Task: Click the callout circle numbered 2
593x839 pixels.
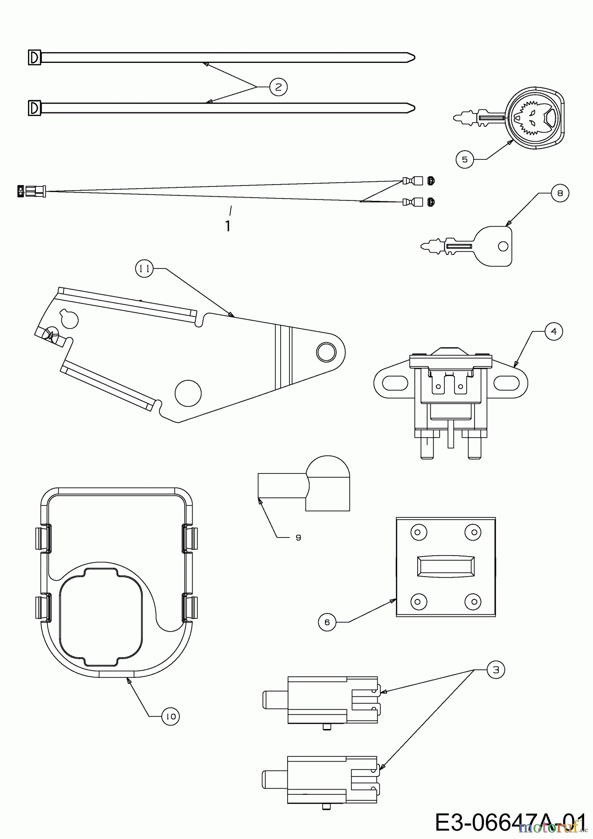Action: (x=278, y=87)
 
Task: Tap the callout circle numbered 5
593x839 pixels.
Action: (x=465, y=159)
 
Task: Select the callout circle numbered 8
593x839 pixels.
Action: (x=560, y=193)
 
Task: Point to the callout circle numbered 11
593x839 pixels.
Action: (x=145, y=269)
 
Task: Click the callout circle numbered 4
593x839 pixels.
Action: (x=554, y=331)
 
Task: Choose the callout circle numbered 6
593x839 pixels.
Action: (x=327, y=622)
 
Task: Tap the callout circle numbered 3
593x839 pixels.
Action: (x=496, y=670)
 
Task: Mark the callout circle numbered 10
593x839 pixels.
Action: (x=171, y=716)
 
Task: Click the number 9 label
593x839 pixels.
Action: (x=298, y=537)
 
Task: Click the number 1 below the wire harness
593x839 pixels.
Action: (x=228, y=226)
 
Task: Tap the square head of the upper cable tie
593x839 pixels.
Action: (x=34, y=57)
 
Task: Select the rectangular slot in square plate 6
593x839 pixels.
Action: (x=445, y=566)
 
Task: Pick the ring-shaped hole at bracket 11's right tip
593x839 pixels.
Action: (x=326, y=352)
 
